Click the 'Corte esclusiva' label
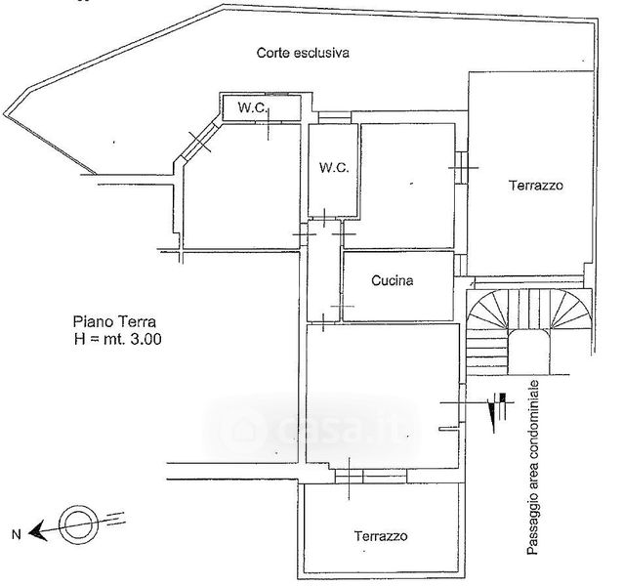[x=303, y=53]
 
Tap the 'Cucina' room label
[x=393, y=280]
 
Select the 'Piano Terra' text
[x=114, y=321]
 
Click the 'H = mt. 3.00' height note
[x=117, y=339]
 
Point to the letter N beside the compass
[x=16, y=535]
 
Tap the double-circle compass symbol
[x=78, y=524]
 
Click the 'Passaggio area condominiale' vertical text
[x=533, y=467]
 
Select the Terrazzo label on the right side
[x=536, y=186]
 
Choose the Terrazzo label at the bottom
[x=381, y=536]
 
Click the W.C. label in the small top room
[x=252, y=107]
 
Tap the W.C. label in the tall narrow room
[x=334, y=168]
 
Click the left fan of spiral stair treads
[x=487, y=310]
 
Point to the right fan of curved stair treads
[x=571, y=310]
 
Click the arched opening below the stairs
[x=529, y=352]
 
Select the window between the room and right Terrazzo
[x=461, y=168]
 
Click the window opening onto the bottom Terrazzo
[x=371, y=477]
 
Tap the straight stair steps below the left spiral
[x=487, y=352]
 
